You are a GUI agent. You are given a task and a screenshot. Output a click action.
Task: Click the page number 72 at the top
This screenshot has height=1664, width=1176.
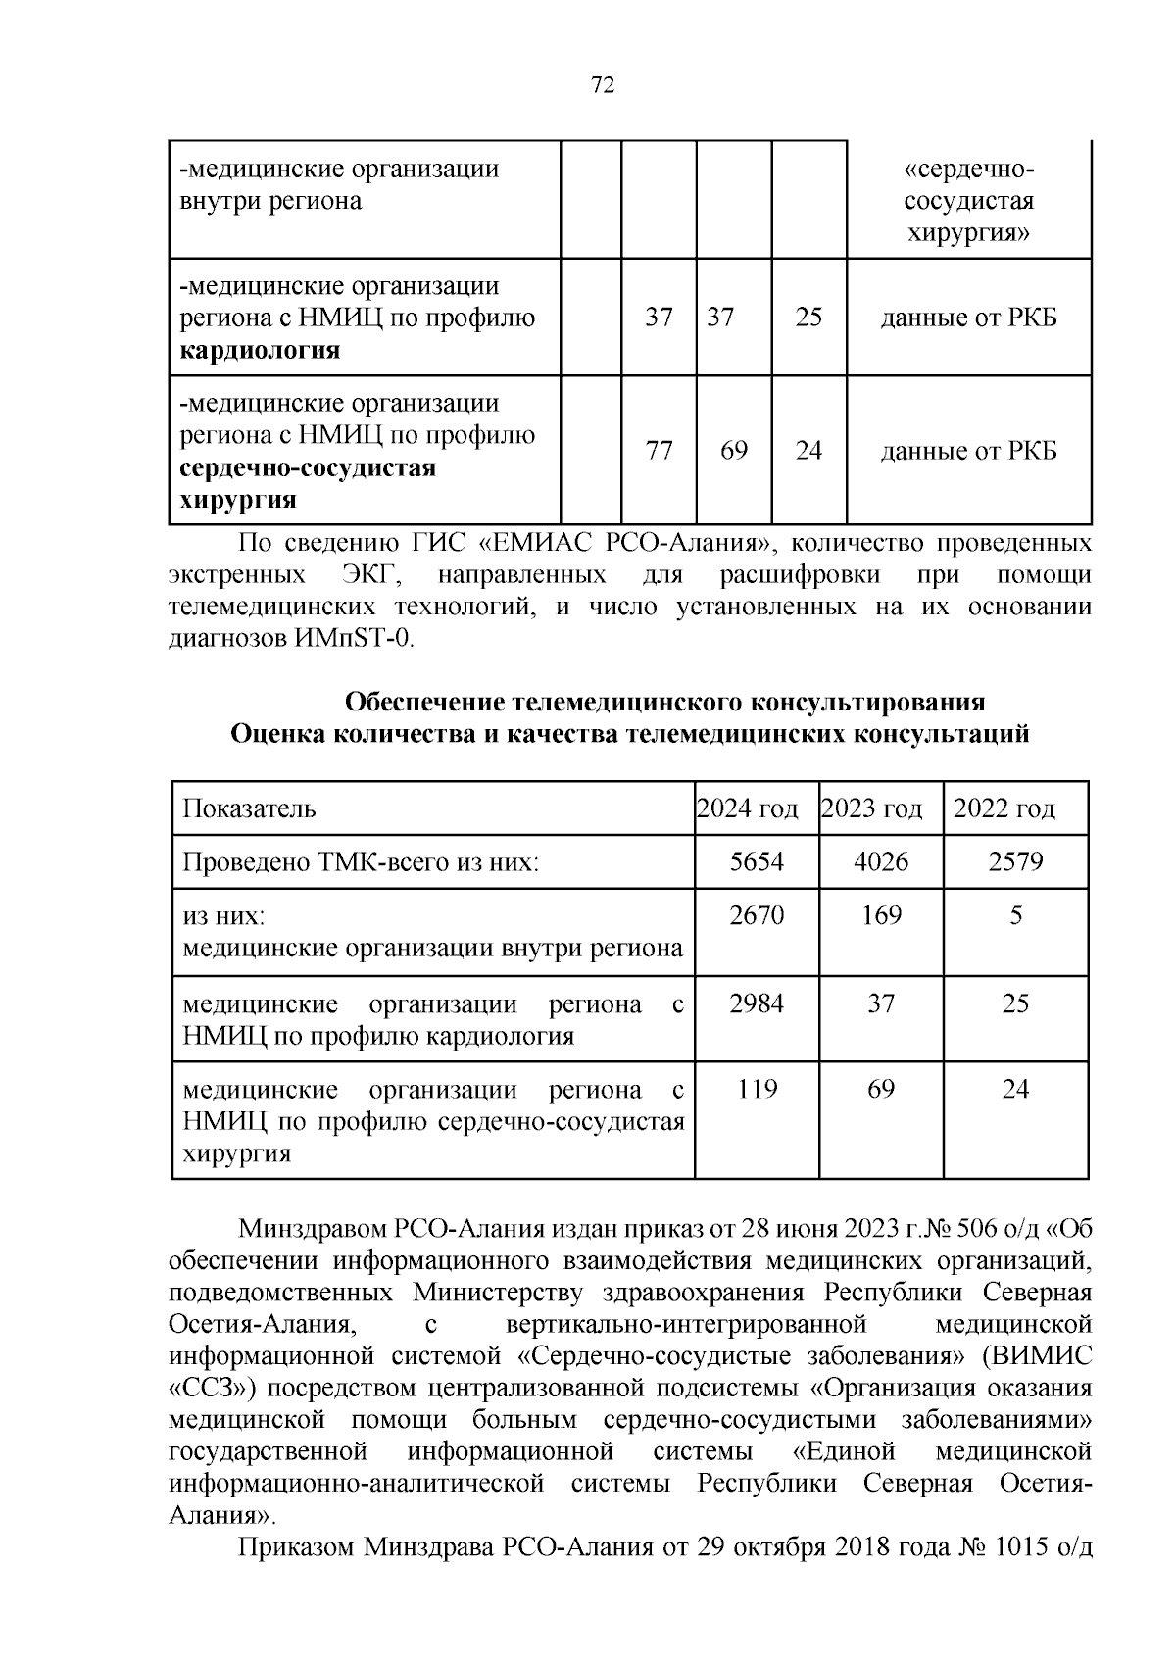(603, 86)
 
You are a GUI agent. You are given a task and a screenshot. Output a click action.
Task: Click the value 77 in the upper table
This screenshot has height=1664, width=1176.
(660, 451)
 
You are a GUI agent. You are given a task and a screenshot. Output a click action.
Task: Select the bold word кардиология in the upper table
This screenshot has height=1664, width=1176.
(260, 351)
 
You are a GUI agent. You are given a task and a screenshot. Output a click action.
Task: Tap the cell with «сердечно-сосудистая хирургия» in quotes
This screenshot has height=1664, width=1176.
(968, 201)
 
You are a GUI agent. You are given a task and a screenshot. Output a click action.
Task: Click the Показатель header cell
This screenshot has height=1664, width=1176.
(250, 809)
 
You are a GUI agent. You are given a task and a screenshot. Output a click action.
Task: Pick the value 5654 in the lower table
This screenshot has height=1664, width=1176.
(757, 862)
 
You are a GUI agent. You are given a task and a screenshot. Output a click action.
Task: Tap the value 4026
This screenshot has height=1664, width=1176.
(881, 862)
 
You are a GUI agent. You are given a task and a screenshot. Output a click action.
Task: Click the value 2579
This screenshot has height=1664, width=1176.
(1015, 862)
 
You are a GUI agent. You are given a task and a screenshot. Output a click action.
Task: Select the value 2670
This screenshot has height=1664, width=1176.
(757, 916)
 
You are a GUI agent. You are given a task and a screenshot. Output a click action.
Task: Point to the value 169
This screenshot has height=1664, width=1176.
(881, 916)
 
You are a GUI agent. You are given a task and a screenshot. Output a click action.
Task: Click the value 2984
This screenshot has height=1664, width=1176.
(757, 1003)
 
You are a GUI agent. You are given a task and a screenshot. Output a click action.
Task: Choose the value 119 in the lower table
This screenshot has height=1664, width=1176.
(757, 1089)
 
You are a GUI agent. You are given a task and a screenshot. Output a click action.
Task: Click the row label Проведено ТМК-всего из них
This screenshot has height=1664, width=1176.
(362, 863)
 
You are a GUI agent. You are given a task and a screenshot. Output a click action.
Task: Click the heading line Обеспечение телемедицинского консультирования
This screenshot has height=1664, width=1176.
(665, 703)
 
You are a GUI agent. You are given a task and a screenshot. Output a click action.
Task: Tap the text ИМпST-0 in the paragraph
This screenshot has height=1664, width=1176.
(354, 639)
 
